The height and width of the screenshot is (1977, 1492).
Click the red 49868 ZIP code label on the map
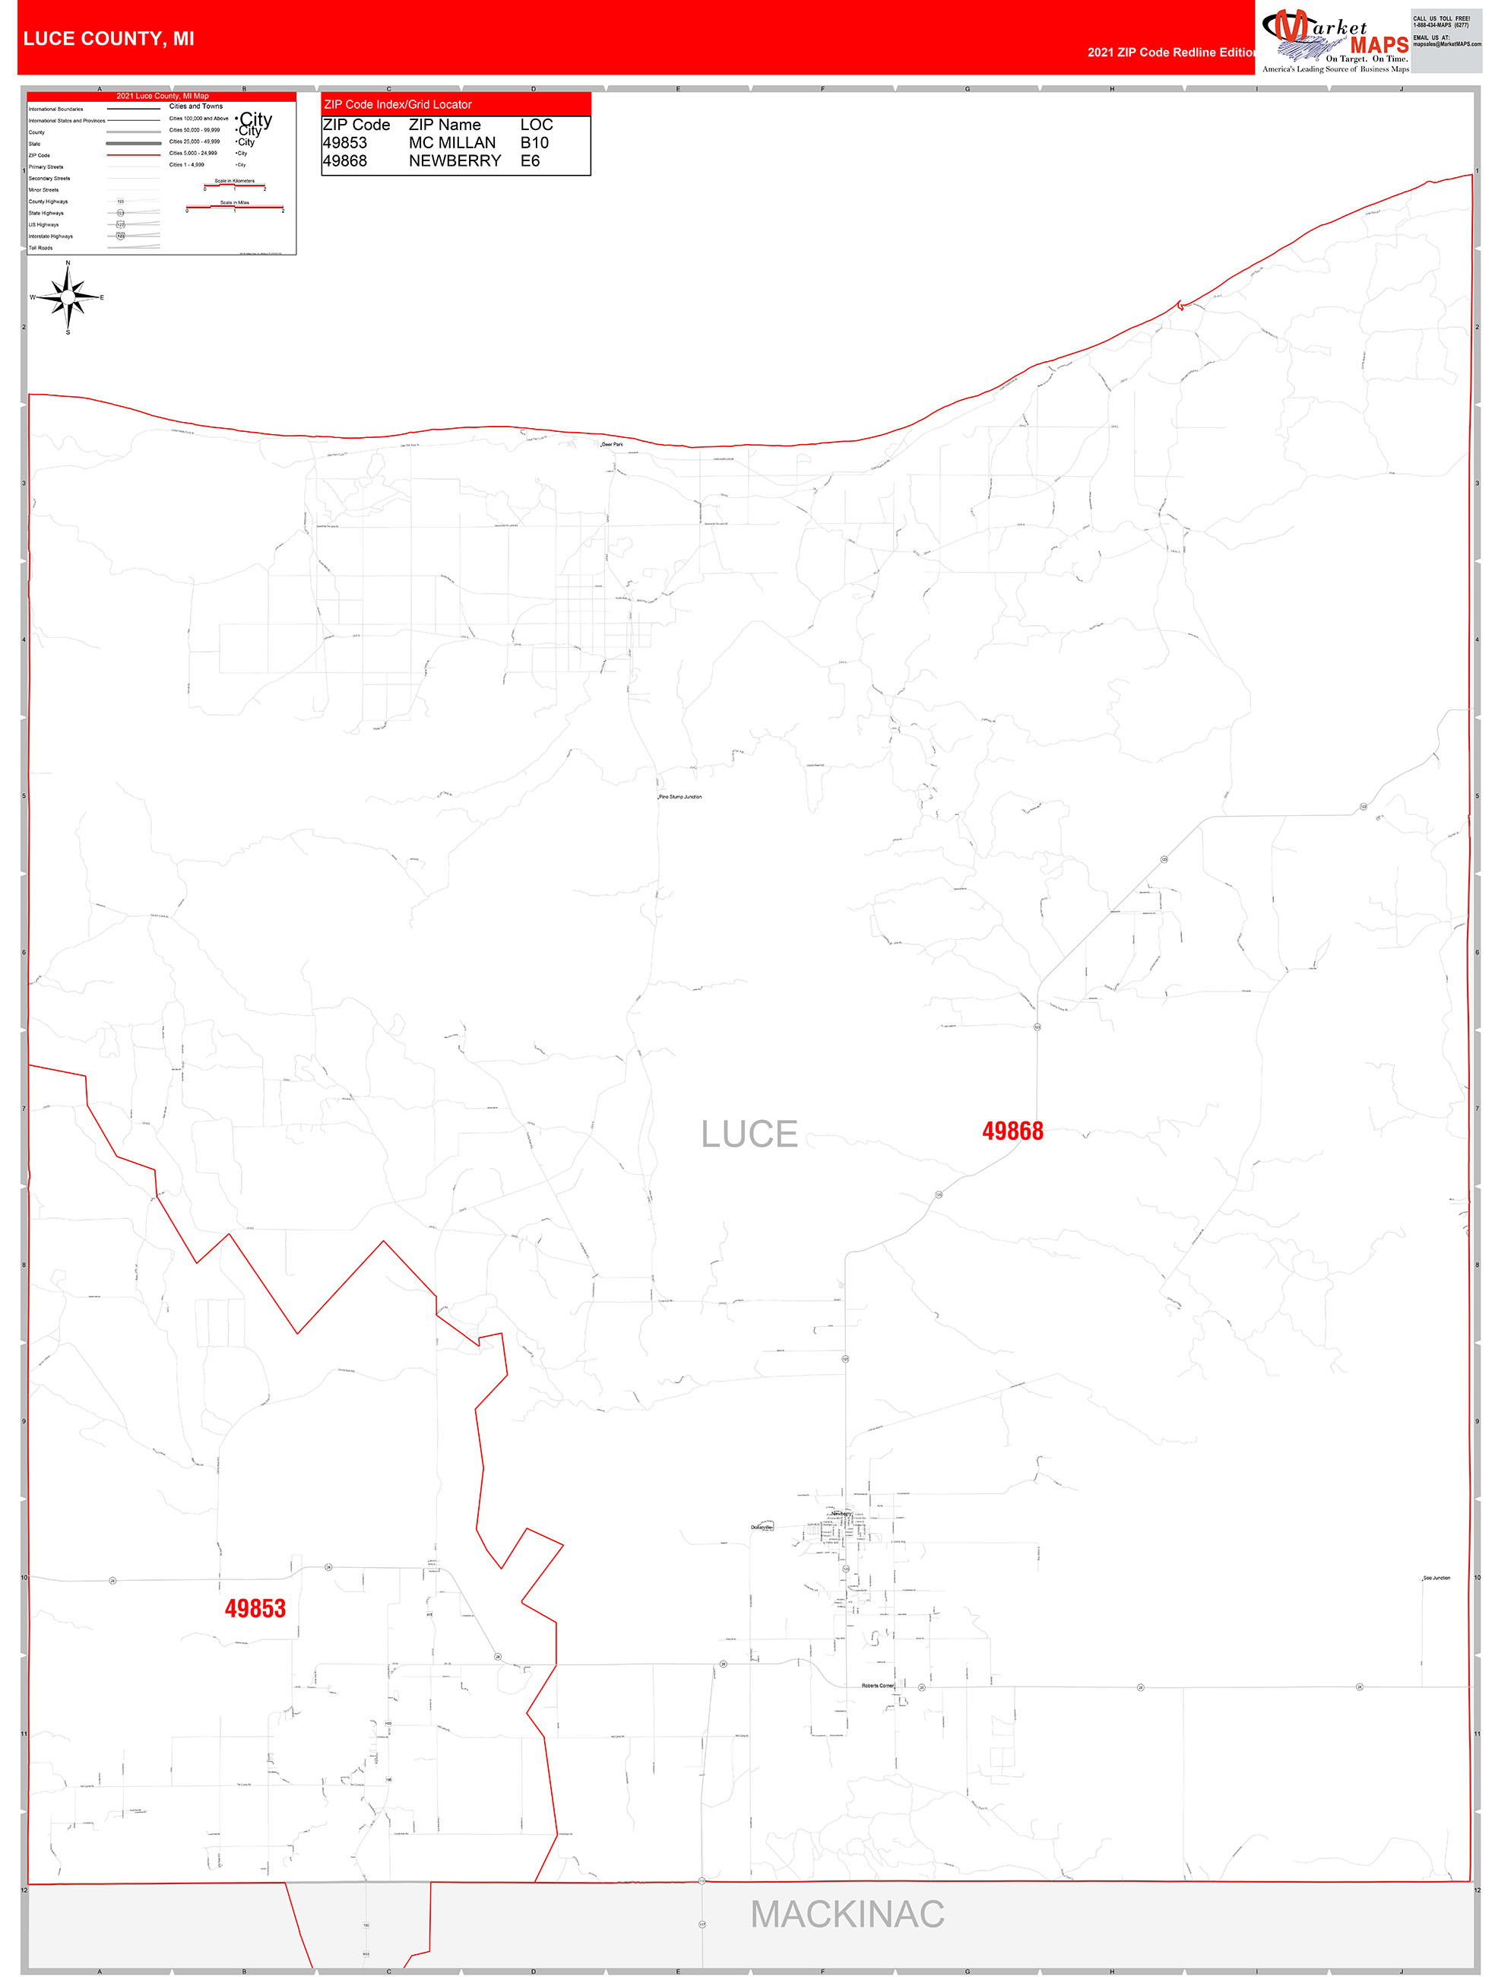click(1012, 1131)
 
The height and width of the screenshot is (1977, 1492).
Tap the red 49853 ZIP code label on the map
click(255, 1609)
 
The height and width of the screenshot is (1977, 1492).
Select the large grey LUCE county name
click(749, 1134)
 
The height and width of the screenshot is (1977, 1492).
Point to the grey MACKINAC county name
click(847, 1915)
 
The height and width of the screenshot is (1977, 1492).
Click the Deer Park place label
click(612, 444)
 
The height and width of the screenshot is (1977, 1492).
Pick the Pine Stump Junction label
click(680, 796)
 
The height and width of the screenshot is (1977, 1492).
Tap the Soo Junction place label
click(1436, 1578)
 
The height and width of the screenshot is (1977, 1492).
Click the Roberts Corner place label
click(877, 1686)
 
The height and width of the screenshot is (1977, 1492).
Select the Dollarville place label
click(761, 1527)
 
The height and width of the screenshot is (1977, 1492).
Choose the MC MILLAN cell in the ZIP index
click(452, 143)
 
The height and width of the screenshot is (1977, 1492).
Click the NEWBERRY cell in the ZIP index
click(455, 161)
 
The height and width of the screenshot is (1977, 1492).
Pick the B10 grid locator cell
click(534, 143)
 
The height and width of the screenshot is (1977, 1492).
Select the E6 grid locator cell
click(530, 161)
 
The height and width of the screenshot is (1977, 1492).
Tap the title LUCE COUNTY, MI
click(108, 39)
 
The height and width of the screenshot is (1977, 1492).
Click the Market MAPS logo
click(1335, 40)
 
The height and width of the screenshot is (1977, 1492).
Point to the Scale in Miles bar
click(235, 208)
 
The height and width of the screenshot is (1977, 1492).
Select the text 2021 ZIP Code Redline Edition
click(1170, 52)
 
